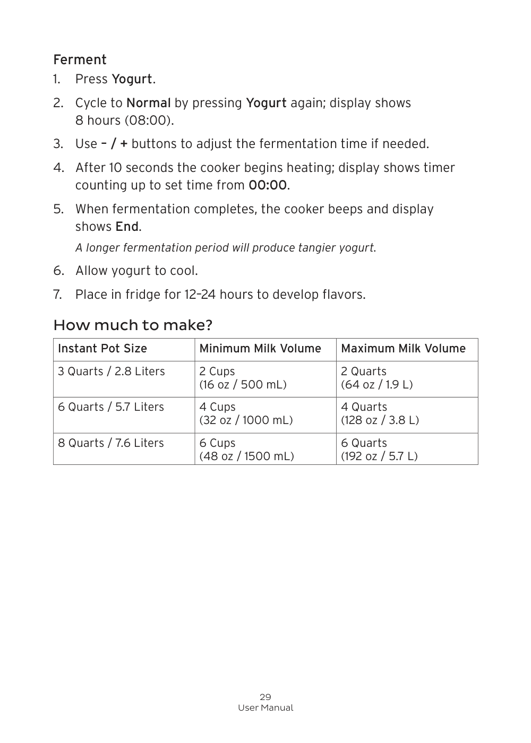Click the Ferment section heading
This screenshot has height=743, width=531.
[80, 59]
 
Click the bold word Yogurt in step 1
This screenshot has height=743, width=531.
[132, 79]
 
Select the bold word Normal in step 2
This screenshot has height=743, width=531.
[148, 103]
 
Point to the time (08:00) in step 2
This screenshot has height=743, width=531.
[149, 120]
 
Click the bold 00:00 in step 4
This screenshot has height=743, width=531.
[268, 185]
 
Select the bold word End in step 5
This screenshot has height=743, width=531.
[127, 227]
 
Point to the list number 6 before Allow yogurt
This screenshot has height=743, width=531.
[58, 271]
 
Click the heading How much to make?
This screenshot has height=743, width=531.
[133, 325]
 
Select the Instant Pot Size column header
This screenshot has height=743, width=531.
[102, 349]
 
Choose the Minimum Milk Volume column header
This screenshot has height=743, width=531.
[260, 349]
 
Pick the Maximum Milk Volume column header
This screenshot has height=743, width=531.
[403, 349]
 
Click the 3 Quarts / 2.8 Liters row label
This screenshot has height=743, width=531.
[112, 371]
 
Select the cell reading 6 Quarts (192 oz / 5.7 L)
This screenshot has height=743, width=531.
[379, 450]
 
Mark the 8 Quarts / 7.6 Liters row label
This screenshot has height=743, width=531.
[111, 443]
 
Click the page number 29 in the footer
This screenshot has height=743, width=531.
[265, 697]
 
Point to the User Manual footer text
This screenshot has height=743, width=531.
[265, 708]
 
